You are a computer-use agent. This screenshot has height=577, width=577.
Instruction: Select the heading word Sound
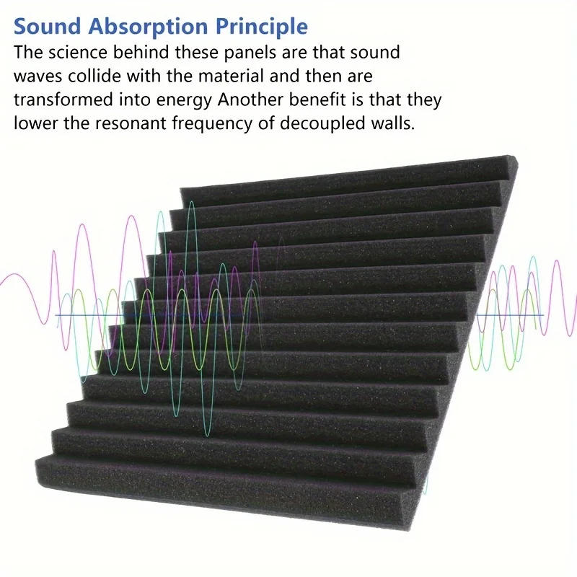click(45, 27)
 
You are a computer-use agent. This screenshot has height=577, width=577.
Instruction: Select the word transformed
click(60, 100)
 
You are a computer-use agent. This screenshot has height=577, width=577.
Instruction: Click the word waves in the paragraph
click(36, 76)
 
